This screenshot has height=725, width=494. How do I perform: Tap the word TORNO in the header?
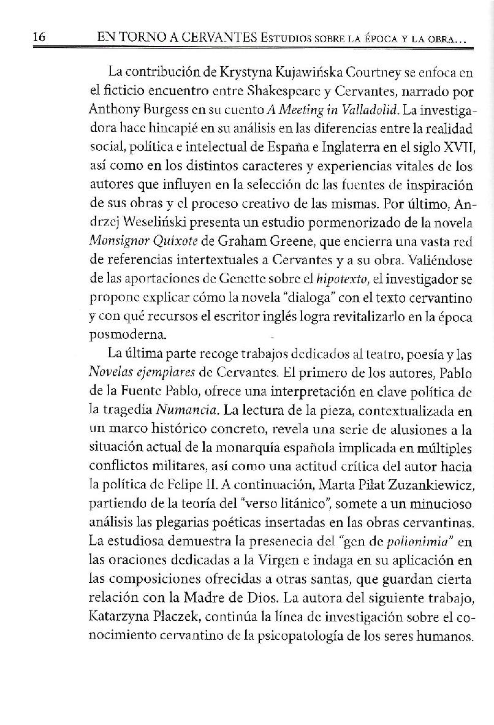tap(145, 39)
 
